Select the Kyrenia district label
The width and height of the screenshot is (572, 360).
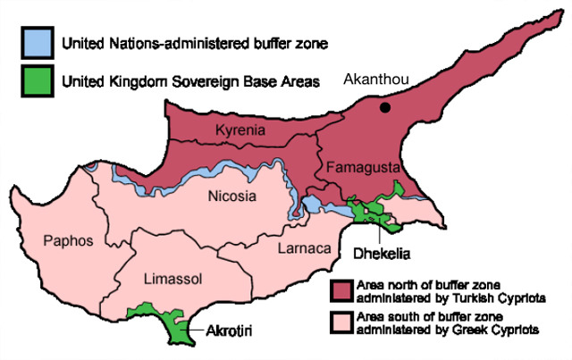(x=240, y=131)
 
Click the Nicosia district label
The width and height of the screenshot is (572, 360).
(x=231, y=197)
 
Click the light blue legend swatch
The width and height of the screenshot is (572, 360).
(x=38, y=42)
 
